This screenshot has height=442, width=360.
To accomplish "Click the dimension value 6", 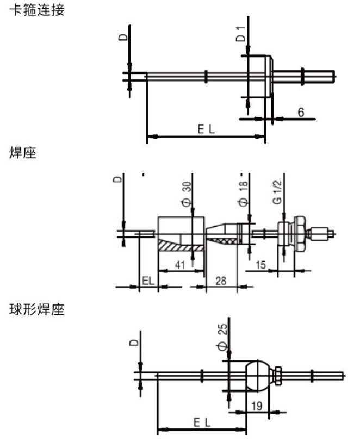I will [300, 113].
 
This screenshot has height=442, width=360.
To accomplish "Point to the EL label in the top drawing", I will [206, 129].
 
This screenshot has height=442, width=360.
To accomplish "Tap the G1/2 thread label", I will [278, 193].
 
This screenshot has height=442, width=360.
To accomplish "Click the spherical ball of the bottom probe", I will [258, 375].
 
